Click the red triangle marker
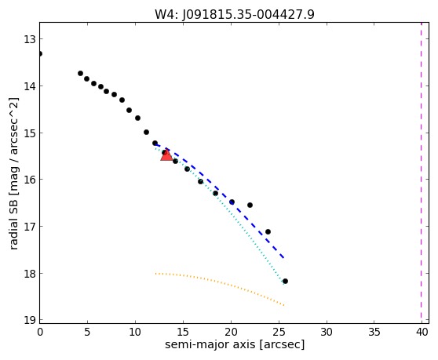coord(166,155)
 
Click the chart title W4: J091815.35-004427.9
coord(235,15)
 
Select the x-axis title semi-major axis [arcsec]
coord(235,344)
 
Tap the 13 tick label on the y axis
coord(30,39)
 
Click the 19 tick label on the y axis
coord(30,320)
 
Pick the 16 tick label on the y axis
coord(30,180)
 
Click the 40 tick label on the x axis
coord(422,332)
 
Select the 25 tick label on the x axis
coord(279,332)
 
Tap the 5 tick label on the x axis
coord(87,332)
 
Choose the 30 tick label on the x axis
coord(327,332)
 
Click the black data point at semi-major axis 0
coord(40,53)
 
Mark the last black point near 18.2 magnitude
coord(285,281)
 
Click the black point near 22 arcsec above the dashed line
coord(250,205)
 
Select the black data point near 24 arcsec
coord(268,231)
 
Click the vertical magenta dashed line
coord(422,173)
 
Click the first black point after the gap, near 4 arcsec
coord(80,74)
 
